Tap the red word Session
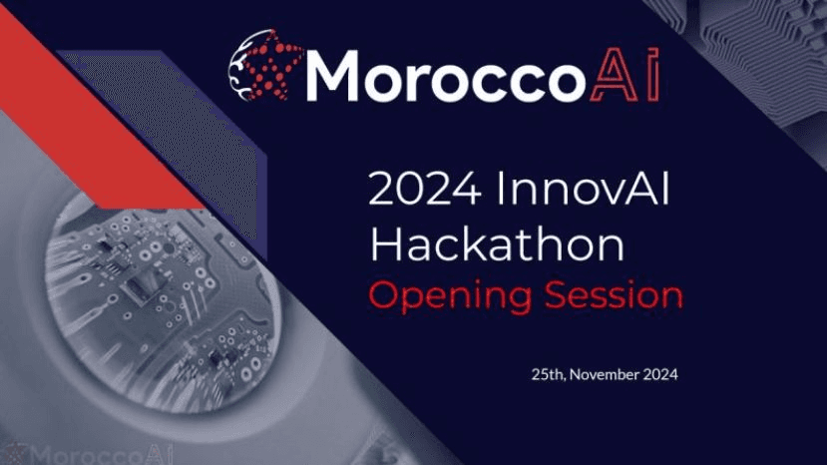coord(614,295)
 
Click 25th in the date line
coord(549,375)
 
